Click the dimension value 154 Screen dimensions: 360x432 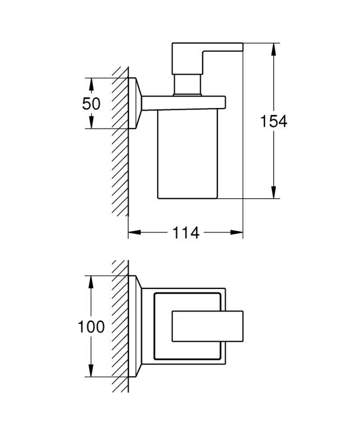274,122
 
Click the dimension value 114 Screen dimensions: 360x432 186,233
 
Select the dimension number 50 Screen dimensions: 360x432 91,104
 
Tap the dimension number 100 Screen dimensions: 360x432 91,327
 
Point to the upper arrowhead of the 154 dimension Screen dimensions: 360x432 273,49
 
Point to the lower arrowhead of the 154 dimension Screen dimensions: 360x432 273,192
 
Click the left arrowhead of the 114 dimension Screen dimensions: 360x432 134,232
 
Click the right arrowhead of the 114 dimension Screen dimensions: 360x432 236,232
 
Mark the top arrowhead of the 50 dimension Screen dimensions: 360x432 91,84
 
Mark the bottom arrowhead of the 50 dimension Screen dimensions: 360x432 91,123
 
